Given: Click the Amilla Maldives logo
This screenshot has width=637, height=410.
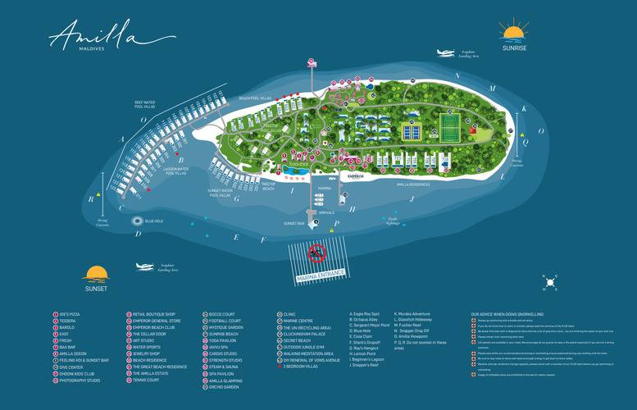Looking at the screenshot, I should pos(101,36).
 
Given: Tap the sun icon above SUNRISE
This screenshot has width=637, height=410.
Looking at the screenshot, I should pos(514,33).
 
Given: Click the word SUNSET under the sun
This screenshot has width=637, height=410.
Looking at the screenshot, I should pos(95,289).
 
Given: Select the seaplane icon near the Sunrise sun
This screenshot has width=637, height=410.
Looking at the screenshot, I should pos(444,52).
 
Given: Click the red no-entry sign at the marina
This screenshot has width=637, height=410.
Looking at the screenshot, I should pos(317,253).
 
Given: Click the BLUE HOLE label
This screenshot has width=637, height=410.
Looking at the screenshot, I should pos(154,221).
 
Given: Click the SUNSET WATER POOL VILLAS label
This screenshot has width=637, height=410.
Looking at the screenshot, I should pos(221,193).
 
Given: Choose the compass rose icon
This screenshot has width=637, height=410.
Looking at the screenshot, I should pos(549,283).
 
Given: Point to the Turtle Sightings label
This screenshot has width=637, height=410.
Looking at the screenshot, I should pos(394,221).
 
